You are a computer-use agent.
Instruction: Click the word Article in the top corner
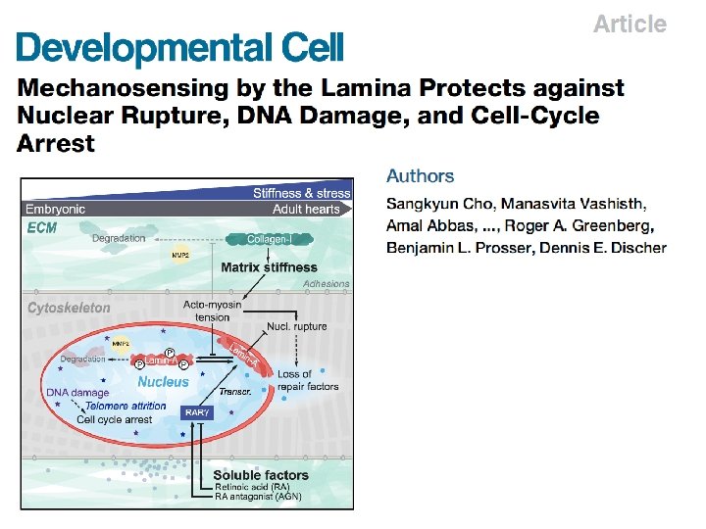(630, 24)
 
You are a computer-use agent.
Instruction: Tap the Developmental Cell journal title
(180, 47)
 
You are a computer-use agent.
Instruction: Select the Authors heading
(420, 176)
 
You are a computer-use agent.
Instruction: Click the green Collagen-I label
(266, 238)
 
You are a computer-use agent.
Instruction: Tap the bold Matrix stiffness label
(269, 266)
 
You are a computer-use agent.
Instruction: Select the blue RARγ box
(197, 412)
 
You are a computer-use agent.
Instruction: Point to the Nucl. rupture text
(297, 326)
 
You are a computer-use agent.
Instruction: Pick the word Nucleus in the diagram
(163, 381)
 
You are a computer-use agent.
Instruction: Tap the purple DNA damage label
(77, 393)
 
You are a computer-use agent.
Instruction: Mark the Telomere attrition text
(126, 406)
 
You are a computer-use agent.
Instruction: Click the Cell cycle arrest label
(115, 419)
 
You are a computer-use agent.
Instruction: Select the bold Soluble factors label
(261, 475)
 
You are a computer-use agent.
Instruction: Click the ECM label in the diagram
(42, 227)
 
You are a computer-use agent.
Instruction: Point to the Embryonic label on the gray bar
(55, 209)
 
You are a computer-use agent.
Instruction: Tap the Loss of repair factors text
(308, 380)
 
